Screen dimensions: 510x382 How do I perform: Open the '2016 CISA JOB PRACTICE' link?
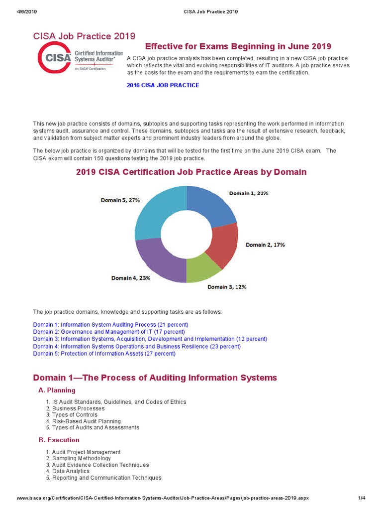click(x=163, y=85)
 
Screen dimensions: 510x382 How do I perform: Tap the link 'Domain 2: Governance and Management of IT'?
click(x=108, y=332)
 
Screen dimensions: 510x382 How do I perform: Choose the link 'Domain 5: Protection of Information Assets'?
click(x=104, y=354)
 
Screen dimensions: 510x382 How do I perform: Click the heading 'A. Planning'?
click(x=57, y=390)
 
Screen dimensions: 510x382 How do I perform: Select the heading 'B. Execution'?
click(x=59, y=440)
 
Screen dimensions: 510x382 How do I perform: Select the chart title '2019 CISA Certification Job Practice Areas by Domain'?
click(x=191, y=172)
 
